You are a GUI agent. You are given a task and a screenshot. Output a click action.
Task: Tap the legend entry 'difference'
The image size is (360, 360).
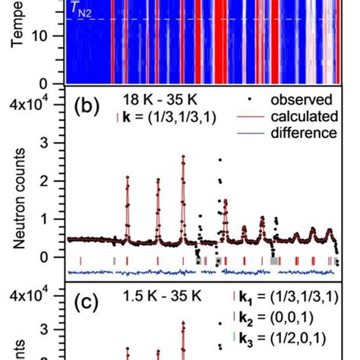pyautogui.click(x=296, y=132)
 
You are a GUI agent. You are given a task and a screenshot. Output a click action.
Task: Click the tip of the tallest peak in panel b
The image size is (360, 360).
pyautogui.click(x=183, y=156)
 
